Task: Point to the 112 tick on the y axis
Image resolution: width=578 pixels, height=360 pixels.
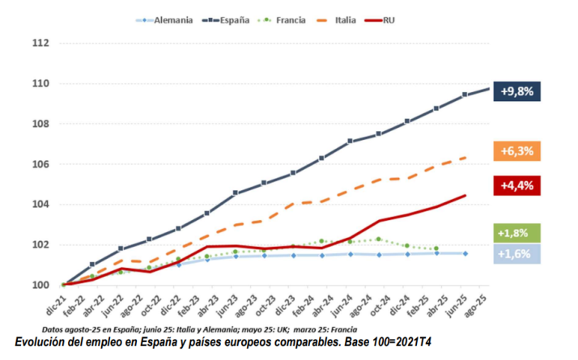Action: pyautogui.click(x=40, y=43)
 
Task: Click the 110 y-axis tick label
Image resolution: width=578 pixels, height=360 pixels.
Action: pyautogui.click(x=40, y=83)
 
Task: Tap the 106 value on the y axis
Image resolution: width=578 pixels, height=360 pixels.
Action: pyautogui.click(x=40, y=164)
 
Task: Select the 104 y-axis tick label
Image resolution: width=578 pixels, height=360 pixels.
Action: pyautogui.click(x=40, y=205)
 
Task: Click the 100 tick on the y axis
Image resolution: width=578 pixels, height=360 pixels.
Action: pyautogui.click(x=40, y=285)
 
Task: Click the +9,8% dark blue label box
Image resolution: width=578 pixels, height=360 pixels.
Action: pyautogui.click(x=516, y=91)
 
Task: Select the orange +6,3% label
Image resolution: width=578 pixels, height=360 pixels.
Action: pyautogui.click(x=516, y=150)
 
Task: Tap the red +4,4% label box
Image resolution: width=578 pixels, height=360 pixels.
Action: pyautogui.click(x=516, y=186)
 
